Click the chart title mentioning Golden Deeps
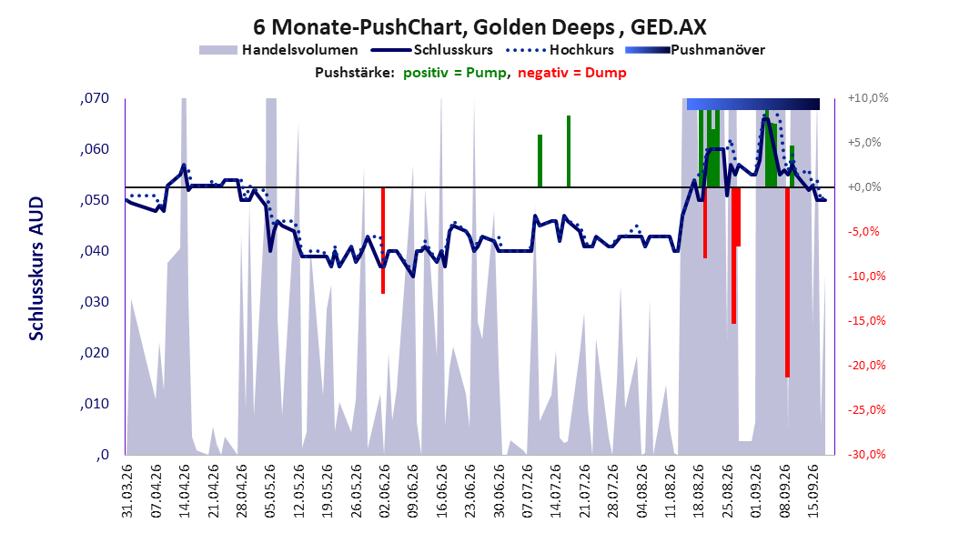pyautogui.click(x=479, y=27)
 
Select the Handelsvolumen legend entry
pyautogui.click(x=279, y=50)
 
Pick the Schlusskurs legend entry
pyautogui.click(x=432, y=50)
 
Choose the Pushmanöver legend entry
pyautogui.click(x=695, y=50)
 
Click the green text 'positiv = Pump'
pyautogui.click(x=455, y=73)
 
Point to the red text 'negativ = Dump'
pyautogui.click(x=572, y=73)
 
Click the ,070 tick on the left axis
pyautogui.click(x=95, y=98)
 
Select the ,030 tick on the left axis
pyautogui.click(x=95, y=302)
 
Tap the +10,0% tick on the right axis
pyautogui.click(x=868, y=98)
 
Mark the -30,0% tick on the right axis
pyautogui.click(x=866, y=454)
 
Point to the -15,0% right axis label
pyautogui.click(x=866, y=320)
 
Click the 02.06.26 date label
pyautogui.click(x=384, y=491)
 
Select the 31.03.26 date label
pyautogui.click(x=127, y=491)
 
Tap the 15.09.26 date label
pyautogui.click(x=813, y=491)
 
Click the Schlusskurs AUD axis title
pyautogui.click(x=36, y=268)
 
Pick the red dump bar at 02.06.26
pyautogui.click(x=383, y=240)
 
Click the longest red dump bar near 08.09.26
pyautogui.click(x=788, y=282)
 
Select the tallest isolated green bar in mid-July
pyautogui.click(x=568, y=151)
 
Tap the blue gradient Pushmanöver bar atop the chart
pyautogui.click(x=752, y=104)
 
